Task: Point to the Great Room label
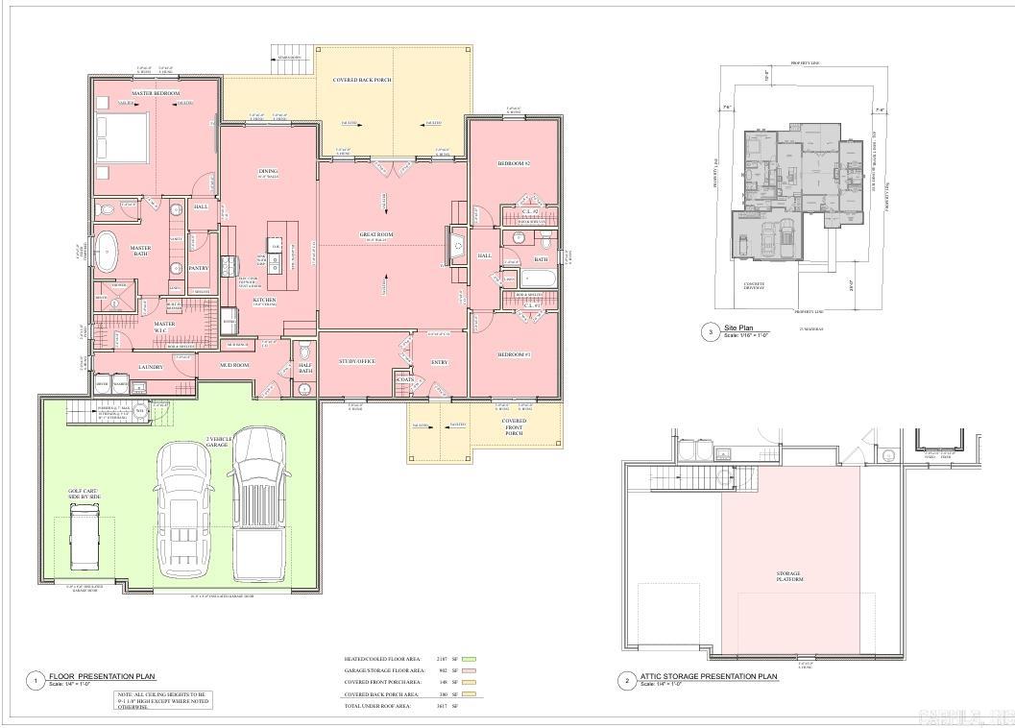(376, 234)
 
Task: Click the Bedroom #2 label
(514, 164)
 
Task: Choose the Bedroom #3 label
(514, 354)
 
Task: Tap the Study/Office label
(356, 361)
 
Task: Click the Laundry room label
(151, 367)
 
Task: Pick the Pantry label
(199, 268)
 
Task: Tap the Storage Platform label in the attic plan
(788, 577)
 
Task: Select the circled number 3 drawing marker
(711, 332)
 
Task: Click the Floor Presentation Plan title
(102, 677)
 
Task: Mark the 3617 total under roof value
(443, 706)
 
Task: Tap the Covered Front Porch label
(514, 426)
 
